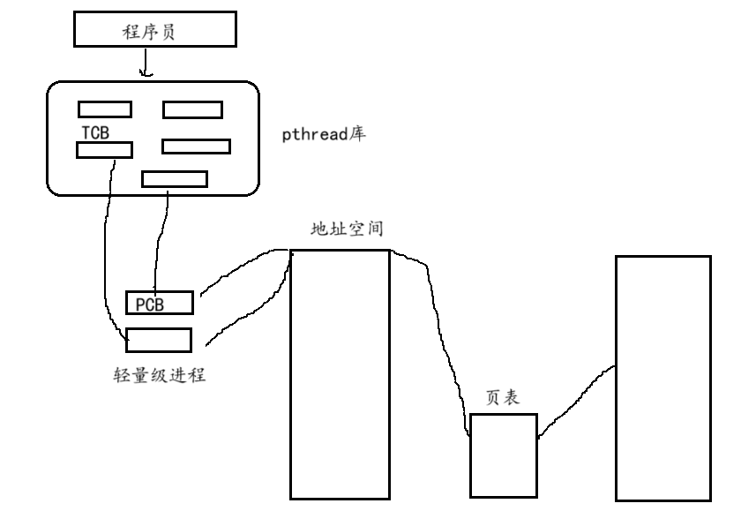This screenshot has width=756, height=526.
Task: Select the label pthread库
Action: tap(324, 136)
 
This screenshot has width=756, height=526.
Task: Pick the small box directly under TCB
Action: tap(104, 150)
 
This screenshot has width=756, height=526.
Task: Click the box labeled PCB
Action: tap(159, 303)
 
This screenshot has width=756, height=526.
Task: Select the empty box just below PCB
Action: tap(159, 340)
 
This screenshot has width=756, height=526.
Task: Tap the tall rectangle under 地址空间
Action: tap(340, 374)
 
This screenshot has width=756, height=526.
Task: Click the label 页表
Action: tap(503, 398)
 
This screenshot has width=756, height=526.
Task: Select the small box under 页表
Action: tap(503, 455)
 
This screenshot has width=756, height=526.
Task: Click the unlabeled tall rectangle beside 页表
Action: tap(662, 379)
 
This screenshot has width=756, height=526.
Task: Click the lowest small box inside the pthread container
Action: tap(175, 179)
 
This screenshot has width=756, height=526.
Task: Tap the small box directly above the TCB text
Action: tap(104, 109)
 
